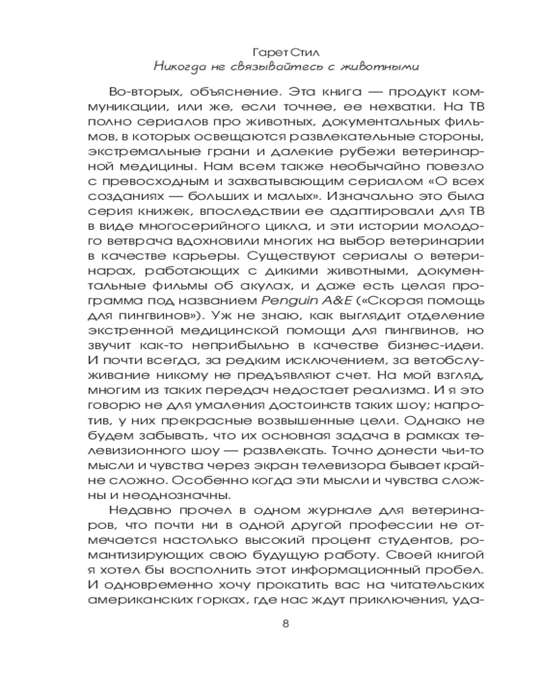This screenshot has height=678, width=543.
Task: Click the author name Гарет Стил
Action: pos(285,50)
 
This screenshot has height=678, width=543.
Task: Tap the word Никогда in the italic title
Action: pos(179,66)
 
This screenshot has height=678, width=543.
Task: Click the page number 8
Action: pos(285,624)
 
